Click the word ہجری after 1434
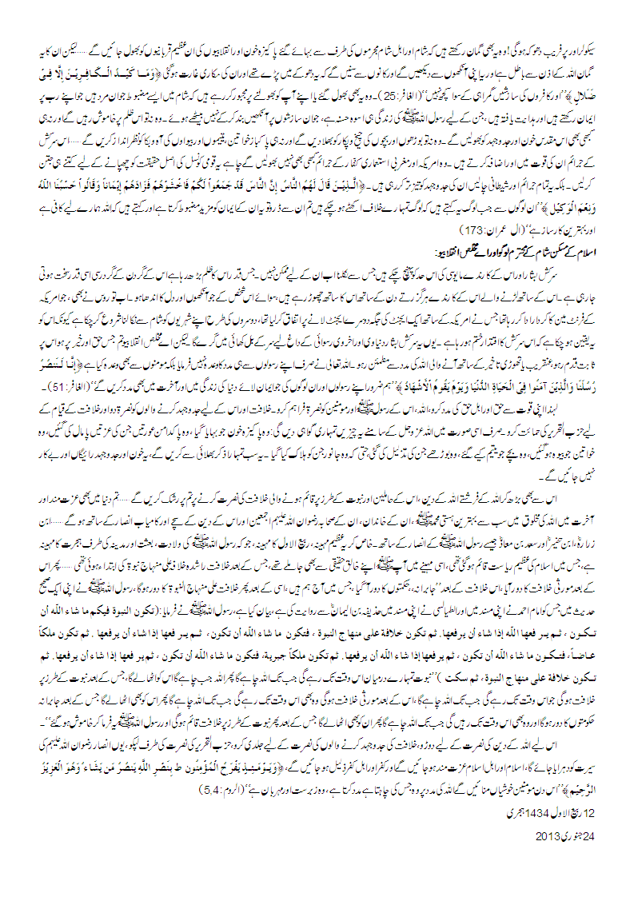512,819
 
